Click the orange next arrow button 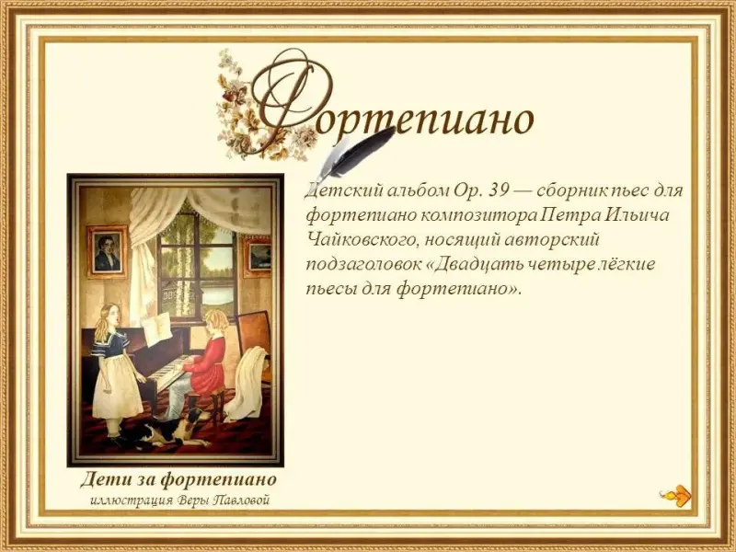(677, 495)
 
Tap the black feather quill (356, 153)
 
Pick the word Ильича (637, 215)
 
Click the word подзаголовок (363, 265)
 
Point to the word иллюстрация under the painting (132, 500)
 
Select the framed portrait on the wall (107, 251)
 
